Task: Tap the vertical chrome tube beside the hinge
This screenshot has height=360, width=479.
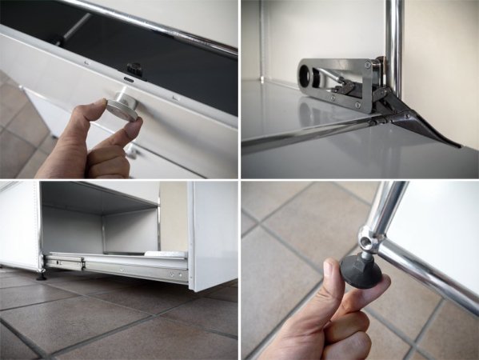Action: [x=393, y=48]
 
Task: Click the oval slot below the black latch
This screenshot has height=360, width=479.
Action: [x=128, y=80]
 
